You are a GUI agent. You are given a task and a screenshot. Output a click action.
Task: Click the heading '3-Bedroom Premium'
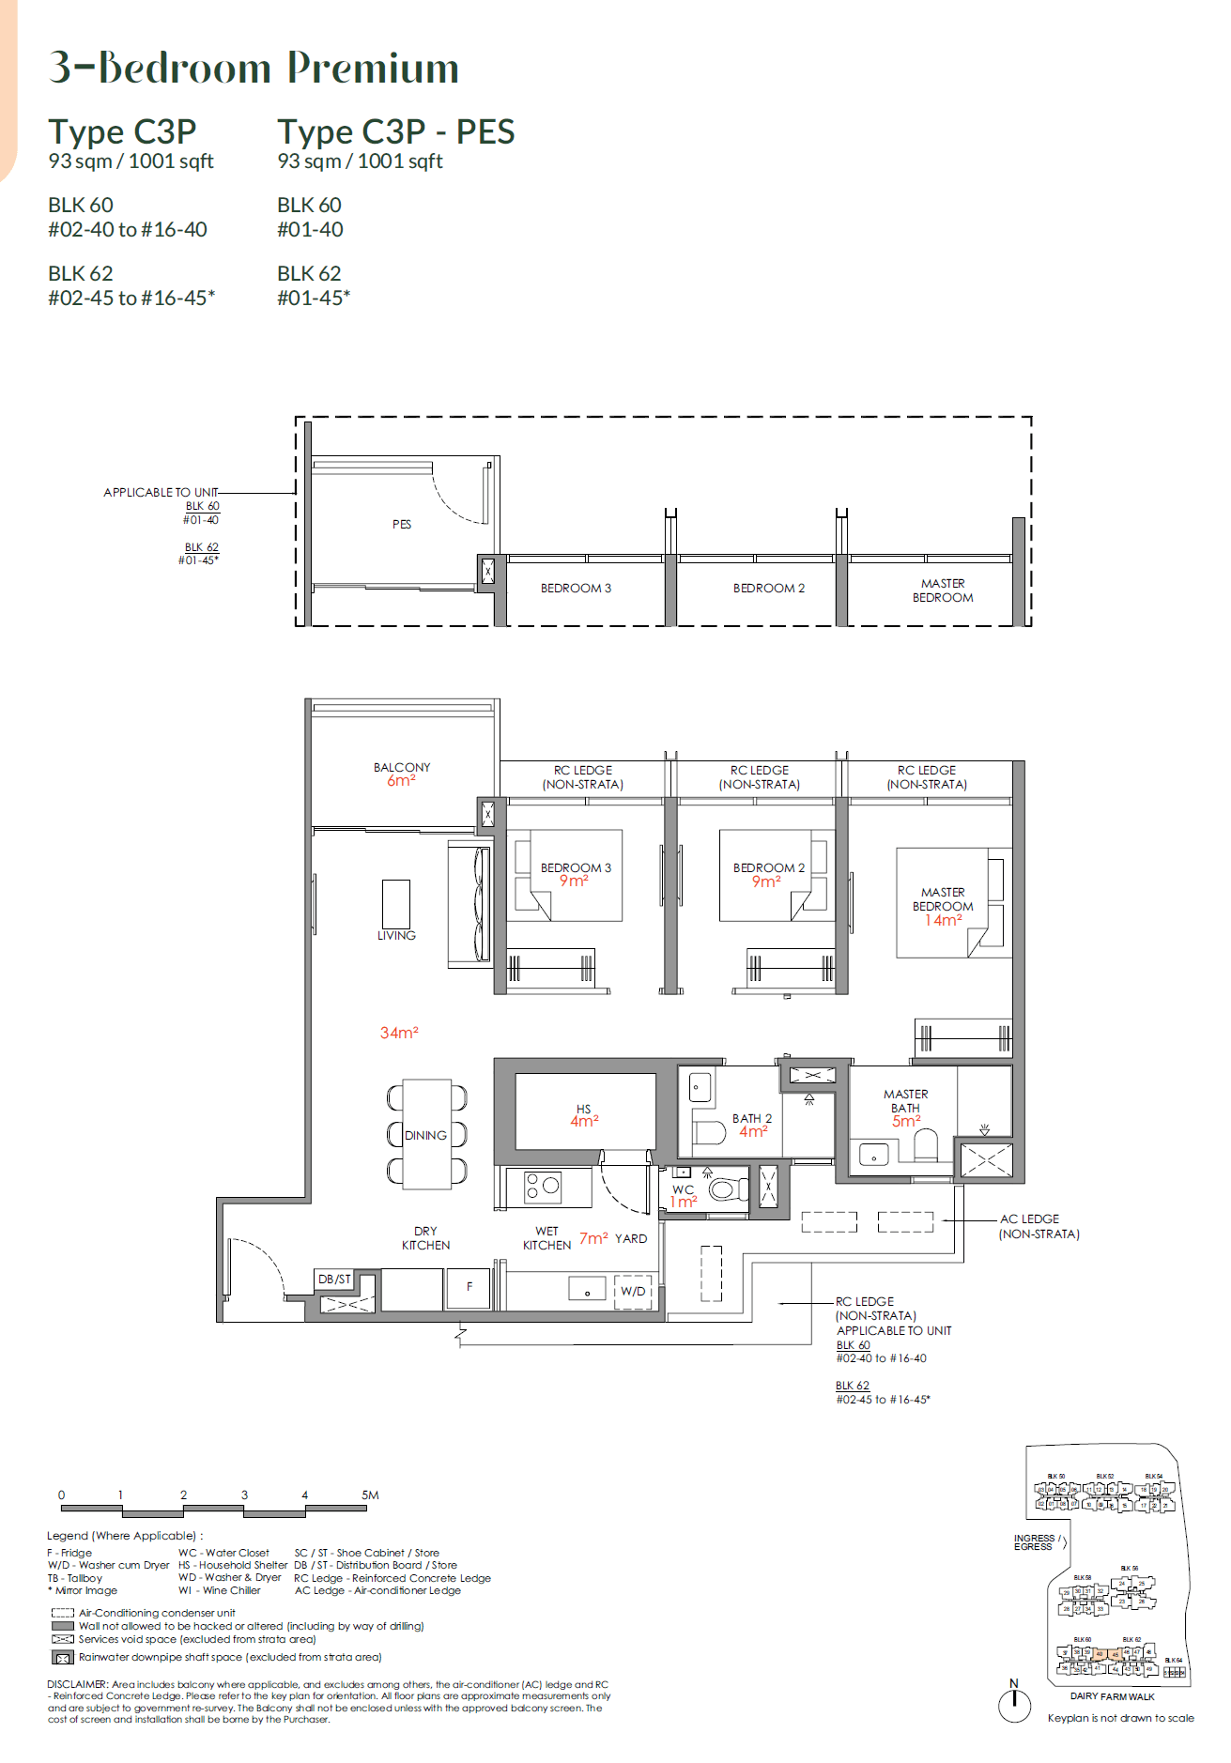[x=254, y=68]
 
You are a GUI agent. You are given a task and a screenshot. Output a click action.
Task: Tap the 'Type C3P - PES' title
[x=395, y=131]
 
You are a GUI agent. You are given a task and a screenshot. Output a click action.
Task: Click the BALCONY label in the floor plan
[x=402, y=767]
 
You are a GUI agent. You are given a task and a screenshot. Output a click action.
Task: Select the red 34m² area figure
[x=399, y=1033]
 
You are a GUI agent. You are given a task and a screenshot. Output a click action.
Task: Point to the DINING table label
[x=425, y=1135]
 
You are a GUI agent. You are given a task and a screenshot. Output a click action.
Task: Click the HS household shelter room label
[x=584, y=1109]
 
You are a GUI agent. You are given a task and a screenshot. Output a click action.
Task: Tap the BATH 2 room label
[x=752, y=1118]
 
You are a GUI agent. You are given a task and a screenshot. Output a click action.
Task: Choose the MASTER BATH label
[x=905, y=1100]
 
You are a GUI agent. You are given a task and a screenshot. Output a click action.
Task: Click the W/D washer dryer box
[x=633, y=1291]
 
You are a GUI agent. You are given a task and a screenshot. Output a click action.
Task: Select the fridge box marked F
[x=469, y=1286]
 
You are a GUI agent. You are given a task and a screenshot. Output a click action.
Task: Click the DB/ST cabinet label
[x=334, y=1279]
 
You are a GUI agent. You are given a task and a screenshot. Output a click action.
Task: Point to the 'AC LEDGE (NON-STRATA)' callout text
[x=1038, y=1226]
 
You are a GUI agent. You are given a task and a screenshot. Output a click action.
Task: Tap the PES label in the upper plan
[x=402, y=525]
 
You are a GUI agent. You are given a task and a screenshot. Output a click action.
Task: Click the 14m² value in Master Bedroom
[x=943, y=920]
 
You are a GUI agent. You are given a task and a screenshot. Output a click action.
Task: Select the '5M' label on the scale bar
[x=370, y=1495]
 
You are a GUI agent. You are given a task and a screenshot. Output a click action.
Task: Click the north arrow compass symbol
[x=1014, y=1704]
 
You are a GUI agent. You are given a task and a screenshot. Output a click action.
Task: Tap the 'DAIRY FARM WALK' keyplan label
[x=1112, y=1696]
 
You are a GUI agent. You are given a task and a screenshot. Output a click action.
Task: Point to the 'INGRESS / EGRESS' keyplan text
[x=1035, y=1542]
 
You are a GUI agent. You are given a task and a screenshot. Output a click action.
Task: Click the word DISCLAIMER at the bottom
[x=77, y=1684]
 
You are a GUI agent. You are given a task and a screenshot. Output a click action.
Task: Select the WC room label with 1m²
[x=684, y=1195]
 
